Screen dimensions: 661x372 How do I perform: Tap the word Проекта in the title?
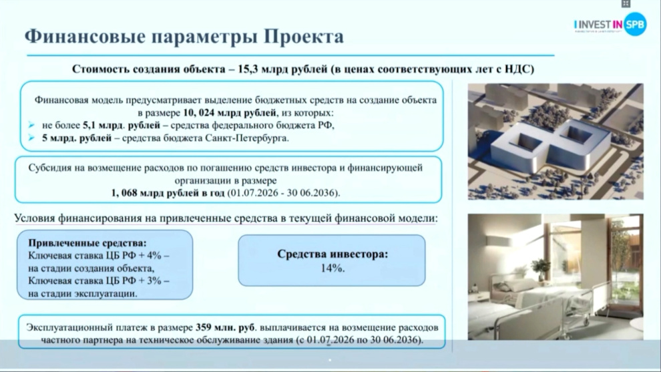[x=304, y=36]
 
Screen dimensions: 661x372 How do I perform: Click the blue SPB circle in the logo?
[x=635, y=25]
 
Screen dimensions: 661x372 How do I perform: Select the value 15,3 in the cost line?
[x=248, y=69]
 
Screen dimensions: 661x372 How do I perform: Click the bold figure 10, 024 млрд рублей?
[x=230, y=113]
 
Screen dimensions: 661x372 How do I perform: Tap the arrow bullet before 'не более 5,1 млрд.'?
[x=31, y=126]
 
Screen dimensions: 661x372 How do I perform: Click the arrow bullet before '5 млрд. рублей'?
[x=31, y=138]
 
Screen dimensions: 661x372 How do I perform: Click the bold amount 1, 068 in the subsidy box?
[x=124, y=193]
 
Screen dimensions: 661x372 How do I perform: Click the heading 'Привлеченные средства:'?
[x=87, y=243]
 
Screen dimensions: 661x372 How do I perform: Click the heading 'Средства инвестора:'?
[x=333, y=254]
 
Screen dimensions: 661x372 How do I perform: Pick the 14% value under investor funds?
[x=333, y=268]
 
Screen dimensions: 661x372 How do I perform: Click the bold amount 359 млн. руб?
[x=225, y=328]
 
